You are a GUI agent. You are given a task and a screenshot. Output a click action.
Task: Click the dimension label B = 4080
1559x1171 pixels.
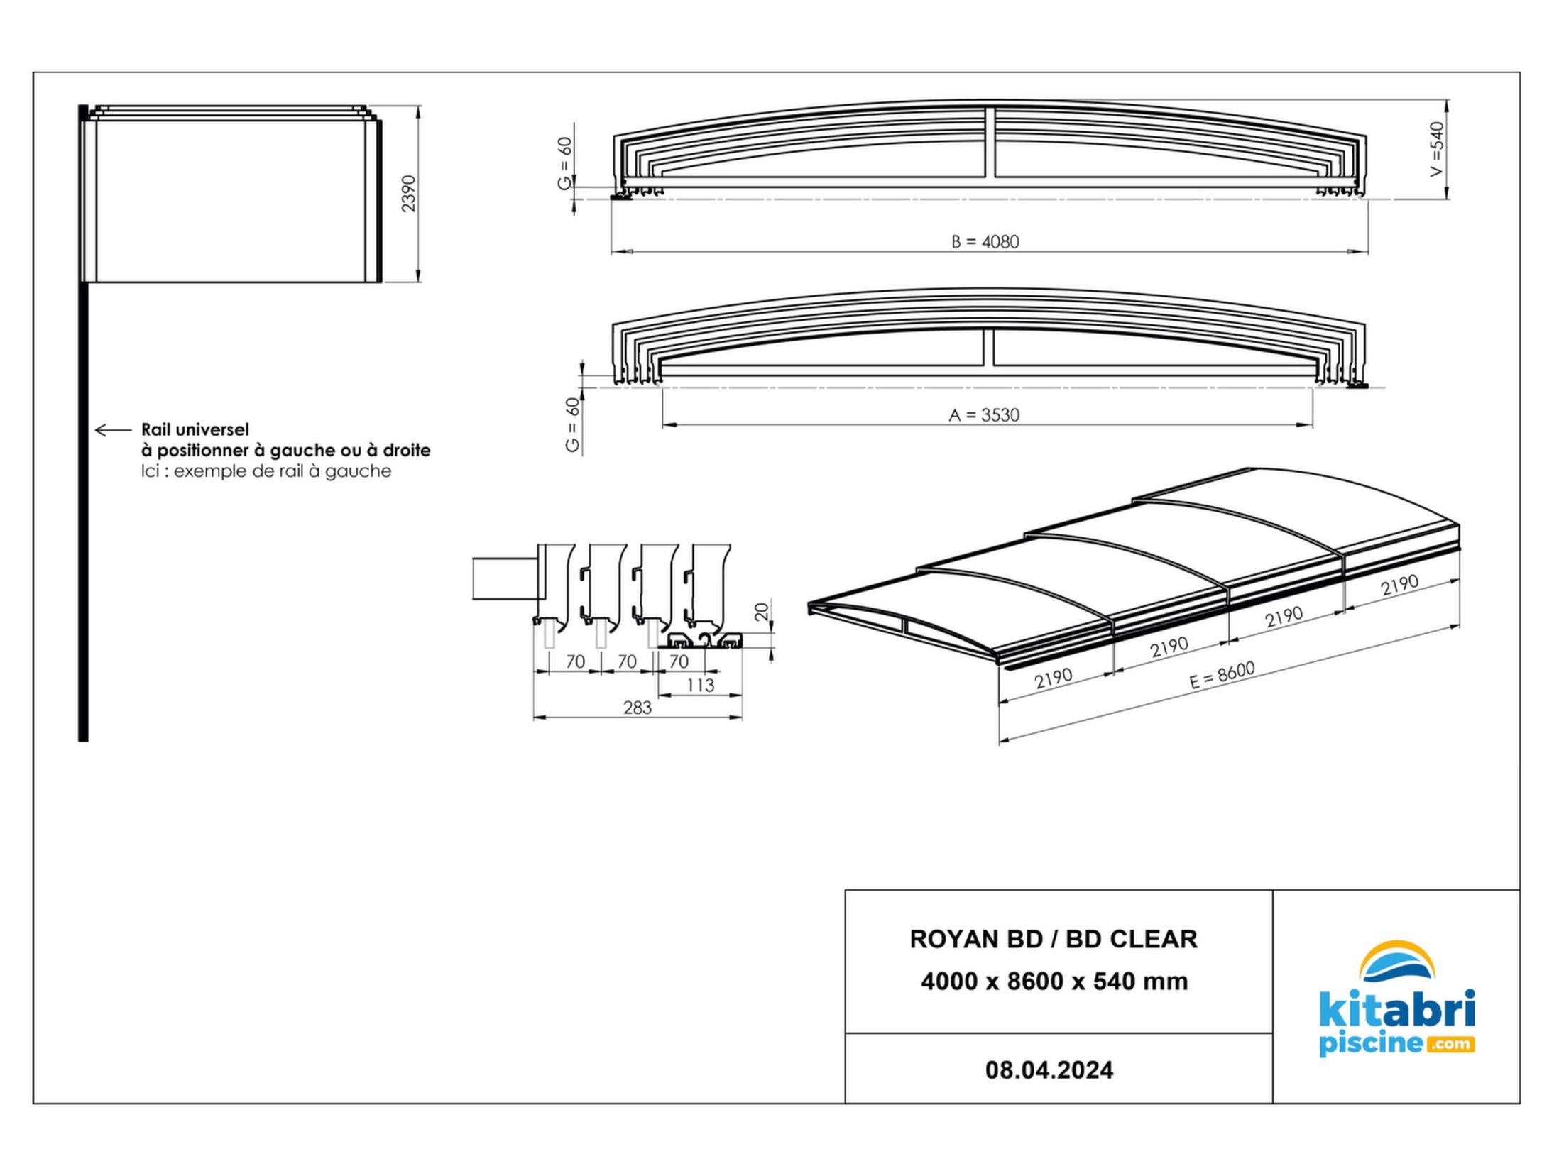click(x=985, y=242)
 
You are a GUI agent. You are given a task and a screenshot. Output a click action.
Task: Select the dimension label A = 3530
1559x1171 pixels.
click(x=984, y=415)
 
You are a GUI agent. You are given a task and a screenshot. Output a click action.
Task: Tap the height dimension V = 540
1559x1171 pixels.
click(x=1437, y=149)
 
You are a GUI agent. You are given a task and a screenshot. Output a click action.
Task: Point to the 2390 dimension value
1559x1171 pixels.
click(x=408, y=193)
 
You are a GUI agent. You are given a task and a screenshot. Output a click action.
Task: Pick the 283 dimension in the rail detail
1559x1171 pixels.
click(x=637, y=708)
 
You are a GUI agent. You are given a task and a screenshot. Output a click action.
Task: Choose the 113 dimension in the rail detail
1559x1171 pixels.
click(x=700, y=685)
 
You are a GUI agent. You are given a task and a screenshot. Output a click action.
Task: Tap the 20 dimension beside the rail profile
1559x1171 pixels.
click(x=762, y=612)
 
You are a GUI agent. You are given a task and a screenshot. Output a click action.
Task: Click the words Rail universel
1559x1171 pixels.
click(x=195, y=429)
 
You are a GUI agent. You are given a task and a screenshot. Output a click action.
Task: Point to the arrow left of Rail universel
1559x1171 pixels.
click(x=114, y=430)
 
